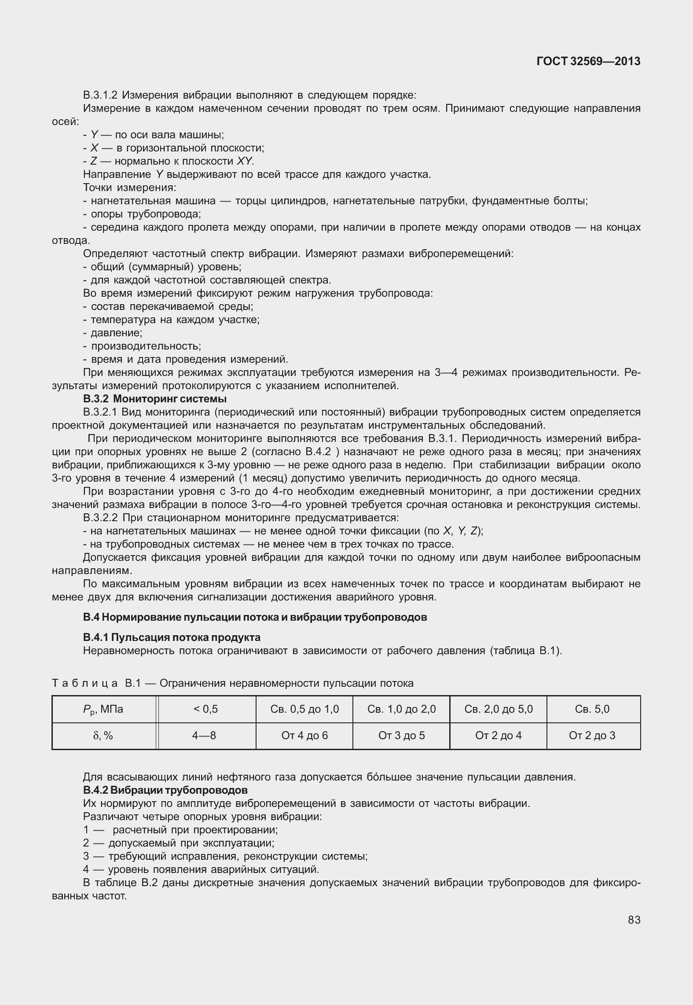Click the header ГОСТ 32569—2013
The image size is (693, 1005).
[x=588, y=62]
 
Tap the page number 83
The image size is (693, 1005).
[x=634, y=920]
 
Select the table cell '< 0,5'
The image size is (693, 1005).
[x=205, y=709]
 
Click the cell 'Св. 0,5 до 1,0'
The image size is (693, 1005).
[x=304, y=709]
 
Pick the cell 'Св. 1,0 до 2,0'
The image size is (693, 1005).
[x=401, y=709]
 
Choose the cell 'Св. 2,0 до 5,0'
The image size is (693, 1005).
[x=498, y=709]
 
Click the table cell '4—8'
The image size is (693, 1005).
[x=205, y=736]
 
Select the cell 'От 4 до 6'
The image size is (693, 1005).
[x=304, y=736]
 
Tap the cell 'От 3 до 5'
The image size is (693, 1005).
[x=401, y=736]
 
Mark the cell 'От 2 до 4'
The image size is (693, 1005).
[x=498, y=736]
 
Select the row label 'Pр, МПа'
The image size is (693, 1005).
[x=104, y=709]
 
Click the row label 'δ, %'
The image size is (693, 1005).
[x=103, y=736]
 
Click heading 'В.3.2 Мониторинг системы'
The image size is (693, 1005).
[x=155, y=399]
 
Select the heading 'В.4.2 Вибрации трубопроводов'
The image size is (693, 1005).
[x=165, y=790]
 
